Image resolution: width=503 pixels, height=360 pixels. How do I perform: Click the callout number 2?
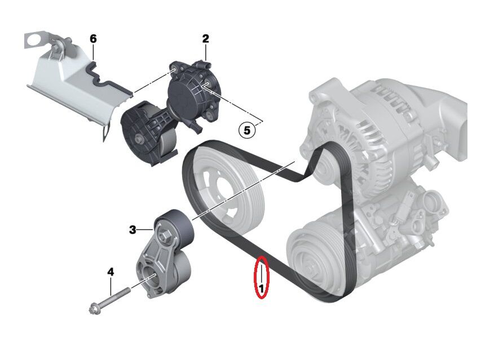coord(206,38)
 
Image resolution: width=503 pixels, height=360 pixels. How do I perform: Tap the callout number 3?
coord(133,229)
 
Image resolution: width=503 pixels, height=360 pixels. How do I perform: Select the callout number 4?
coord(111,272)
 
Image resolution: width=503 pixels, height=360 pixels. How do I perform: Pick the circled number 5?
coord(246,130)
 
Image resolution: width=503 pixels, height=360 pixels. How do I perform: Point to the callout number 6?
coord(94,38)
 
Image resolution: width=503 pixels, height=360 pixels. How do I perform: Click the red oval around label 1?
coord(262,277)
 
